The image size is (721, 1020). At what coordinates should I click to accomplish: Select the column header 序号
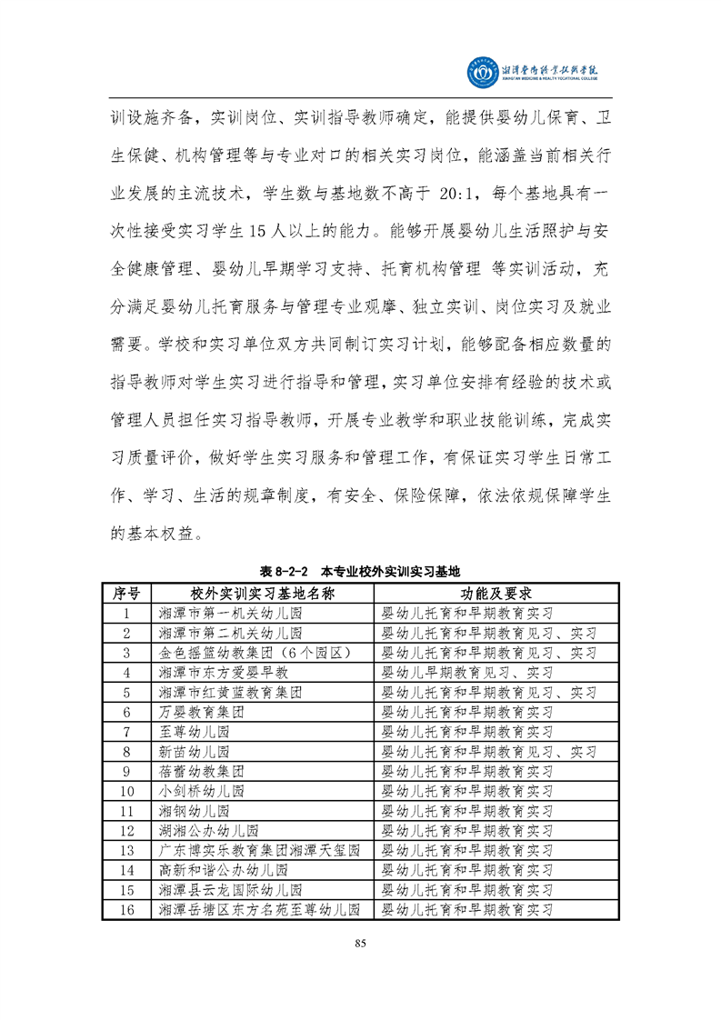(x=126, y=594)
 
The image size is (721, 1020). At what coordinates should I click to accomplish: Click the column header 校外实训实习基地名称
(x=263, y=594)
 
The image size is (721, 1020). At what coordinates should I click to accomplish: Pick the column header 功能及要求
(x=493, y=594)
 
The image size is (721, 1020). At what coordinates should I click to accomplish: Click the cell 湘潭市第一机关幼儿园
(x=230, y=614)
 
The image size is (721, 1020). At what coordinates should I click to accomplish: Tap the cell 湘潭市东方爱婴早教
(x=223, y=673)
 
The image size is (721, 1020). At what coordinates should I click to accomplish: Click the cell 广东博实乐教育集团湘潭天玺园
(x=259, y=850)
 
